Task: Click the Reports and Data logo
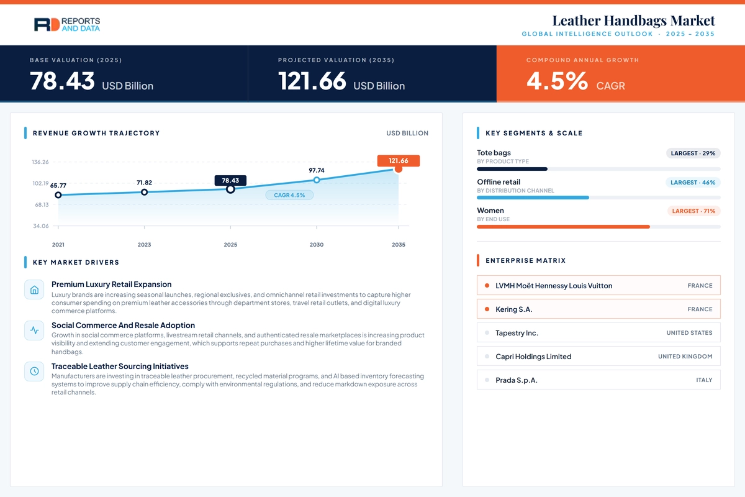[67, 25]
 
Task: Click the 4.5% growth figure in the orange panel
[557, 81]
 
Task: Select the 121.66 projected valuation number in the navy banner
[312, 81]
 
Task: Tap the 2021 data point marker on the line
[58, 195]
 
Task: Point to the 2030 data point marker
[317, 180]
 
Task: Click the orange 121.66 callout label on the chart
[399, 161]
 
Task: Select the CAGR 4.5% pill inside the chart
[289, 195]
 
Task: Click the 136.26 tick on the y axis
[40, 162]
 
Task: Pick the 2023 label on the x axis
[144, 245]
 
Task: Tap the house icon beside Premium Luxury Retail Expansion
[34, 290]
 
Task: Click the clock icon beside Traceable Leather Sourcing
[34, 371]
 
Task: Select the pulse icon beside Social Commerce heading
[34, 331]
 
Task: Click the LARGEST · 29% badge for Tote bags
[693, 153]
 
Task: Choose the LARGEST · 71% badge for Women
[694, 211]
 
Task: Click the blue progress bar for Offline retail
[533, 198]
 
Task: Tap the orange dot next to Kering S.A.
[487, 309]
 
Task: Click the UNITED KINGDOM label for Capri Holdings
[685, 357]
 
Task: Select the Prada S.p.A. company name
[517, 380]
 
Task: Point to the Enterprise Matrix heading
[525, 261]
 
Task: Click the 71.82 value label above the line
[144, 183]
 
